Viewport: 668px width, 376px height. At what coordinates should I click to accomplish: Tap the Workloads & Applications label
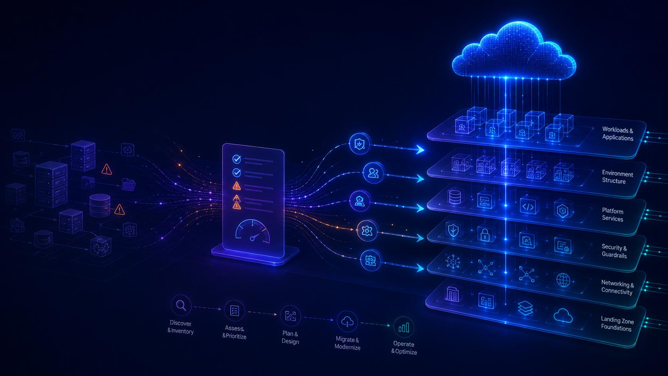click(x=618, y=133)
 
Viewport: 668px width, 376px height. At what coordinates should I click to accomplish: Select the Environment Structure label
click(x=617, y=177)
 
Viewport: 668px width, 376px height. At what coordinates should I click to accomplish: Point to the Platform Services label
click(x=612, y=215)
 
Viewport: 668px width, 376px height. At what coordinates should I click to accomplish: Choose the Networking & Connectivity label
click(x=617, y=287)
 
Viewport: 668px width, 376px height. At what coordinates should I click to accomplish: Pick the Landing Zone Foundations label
click(x=617, y=324)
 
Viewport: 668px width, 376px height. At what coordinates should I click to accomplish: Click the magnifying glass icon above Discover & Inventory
click(x=181, y=305)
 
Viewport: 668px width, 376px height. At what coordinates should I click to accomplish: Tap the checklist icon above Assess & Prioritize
click(x=235, y=311)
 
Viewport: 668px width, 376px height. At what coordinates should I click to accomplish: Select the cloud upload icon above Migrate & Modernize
click(x=347, y=322)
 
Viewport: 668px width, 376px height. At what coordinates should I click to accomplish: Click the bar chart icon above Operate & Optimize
click(x=404, y=328)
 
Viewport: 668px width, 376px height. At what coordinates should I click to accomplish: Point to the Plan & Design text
click(x=290, y=338)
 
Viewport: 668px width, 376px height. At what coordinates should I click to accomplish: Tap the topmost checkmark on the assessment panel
click(x=237, y=159)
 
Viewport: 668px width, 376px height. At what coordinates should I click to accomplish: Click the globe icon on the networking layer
click(x=563, y=280)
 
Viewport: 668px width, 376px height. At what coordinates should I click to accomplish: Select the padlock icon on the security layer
click(x=485, y=235)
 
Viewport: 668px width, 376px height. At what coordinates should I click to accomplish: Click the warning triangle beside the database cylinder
click(x=119, y=210)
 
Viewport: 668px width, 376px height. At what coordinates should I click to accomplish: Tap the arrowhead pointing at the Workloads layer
click(x=420, y=149)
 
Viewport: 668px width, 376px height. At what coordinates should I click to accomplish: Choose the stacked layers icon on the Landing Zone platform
click(x=525, y=308)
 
